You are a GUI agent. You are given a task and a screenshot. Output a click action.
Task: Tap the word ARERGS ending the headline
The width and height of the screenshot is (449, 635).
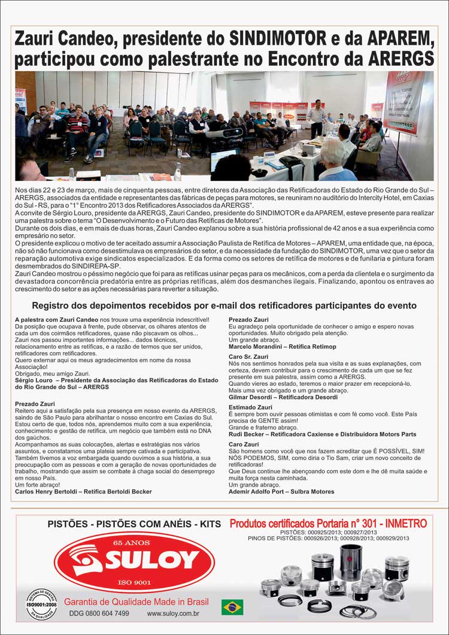point(395,59)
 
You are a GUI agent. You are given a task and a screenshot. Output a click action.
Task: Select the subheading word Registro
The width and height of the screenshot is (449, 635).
point(51,306)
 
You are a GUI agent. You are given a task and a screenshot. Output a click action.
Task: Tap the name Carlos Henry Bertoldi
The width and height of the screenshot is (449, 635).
point(49,491)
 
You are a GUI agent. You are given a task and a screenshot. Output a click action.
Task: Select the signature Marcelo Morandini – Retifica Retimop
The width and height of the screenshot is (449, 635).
point(282,346)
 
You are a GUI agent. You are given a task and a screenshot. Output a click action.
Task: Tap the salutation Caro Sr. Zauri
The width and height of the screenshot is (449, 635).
point(248,356)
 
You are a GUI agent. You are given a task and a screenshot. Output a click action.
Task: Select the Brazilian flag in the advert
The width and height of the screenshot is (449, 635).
point(232,607)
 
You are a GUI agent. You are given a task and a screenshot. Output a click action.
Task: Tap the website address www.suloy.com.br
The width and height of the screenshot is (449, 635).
point(173,613)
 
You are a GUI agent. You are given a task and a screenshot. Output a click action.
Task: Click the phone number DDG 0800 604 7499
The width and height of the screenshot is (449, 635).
point(99,613)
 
